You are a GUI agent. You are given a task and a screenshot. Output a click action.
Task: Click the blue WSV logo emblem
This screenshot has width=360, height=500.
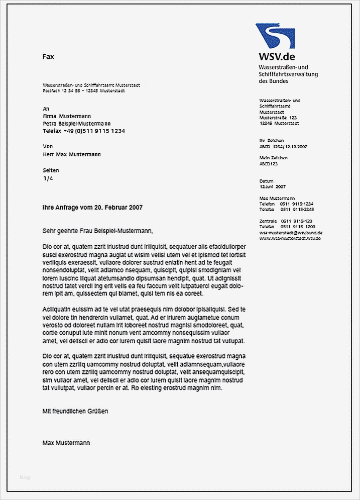(x=275, y=35)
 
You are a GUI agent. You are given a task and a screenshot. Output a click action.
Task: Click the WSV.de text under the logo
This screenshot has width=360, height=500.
(x=277, y=56)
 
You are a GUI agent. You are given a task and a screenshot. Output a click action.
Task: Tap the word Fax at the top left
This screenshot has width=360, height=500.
(x=48, y=57)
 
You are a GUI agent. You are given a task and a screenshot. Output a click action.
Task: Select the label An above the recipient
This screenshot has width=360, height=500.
(x=46, y=109)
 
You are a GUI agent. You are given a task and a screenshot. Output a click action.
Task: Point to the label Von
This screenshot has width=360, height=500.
(x=48, y=147)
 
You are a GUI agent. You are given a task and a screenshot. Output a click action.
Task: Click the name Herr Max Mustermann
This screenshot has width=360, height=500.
(x=72, y=154)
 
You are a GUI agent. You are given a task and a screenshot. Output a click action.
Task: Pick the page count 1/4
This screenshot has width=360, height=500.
(x=48, y=178)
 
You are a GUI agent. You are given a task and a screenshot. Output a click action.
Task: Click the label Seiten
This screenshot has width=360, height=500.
(x=51, y=170)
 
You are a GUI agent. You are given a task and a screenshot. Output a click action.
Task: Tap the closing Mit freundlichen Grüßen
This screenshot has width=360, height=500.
(x=75, y=411)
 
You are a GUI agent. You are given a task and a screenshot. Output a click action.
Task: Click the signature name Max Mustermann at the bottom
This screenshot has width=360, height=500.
(x=66, y=443)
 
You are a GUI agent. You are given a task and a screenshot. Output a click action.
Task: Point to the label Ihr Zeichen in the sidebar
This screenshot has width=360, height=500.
(x=271, y=141)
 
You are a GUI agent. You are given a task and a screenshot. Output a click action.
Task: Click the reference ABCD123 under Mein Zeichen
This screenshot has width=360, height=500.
(x=269, y=164)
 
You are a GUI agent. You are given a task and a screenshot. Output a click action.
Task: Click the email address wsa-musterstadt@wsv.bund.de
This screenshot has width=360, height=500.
(x=291, y=233)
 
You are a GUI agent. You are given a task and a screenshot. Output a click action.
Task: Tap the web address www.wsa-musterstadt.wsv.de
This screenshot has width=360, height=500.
(x=290, y=238)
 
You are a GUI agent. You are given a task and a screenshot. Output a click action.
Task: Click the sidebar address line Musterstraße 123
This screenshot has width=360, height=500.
(x=278, y=117)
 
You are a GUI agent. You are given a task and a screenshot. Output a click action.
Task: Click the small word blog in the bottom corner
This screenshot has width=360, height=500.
(x=25, y=477)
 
